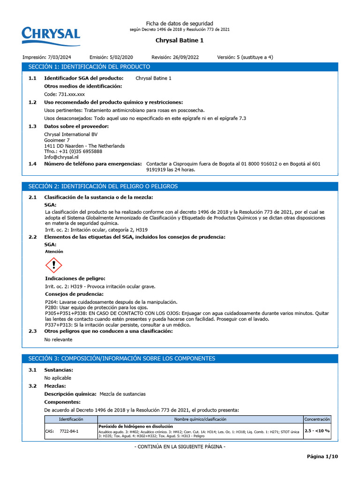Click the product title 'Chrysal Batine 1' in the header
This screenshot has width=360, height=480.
pyautogui.click(x=179, y=40)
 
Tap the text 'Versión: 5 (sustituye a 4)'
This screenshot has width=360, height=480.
pyautogui.click(x=245, y=57)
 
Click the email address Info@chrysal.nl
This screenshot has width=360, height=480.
pyautogui.click(x=61, y=157)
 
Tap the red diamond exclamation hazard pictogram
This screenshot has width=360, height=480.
pyautogui.click(x=54, y=265)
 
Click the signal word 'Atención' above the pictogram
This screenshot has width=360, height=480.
pyautogui.click(x=54, y=252)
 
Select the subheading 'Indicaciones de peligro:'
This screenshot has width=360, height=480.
pyautogui.click(x=75, y=278)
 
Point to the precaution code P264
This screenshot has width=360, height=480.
pyautogui.click(x=50, y=302)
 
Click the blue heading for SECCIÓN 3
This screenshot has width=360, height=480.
pyautogui.click(x=121, y=359)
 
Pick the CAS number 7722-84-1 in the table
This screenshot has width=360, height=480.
pyautogui.click(x=69, y=430)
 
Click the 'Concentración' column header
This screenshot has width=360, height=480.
pyautogui.click(x=317, y=419)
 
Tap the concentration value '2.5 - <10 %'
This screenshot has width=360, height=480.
pyautogui.click(x=317, y=430)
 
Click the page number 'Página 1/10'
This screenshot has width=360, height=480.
pyautogui.click(x=322, y=457)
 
